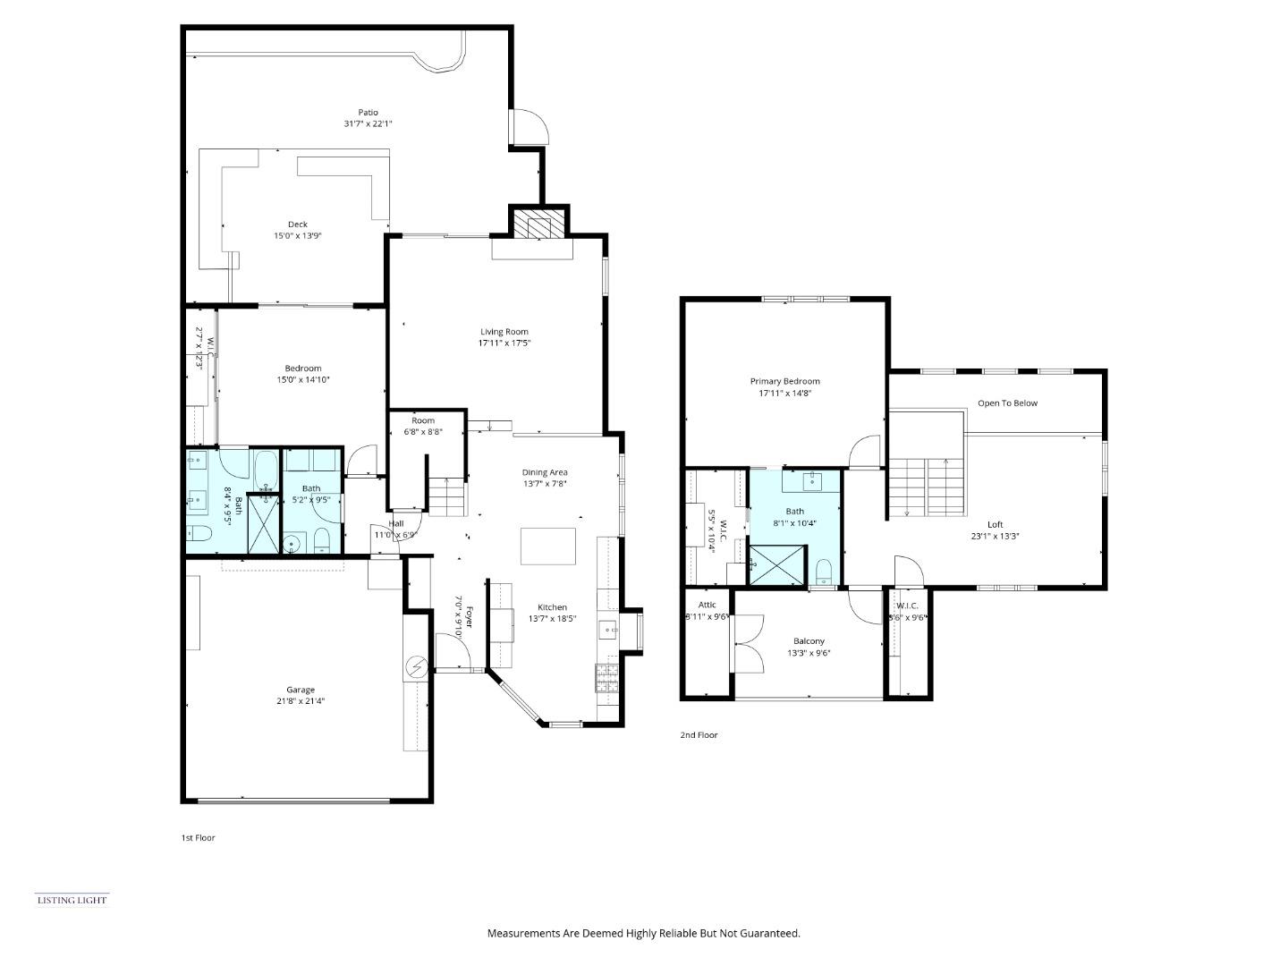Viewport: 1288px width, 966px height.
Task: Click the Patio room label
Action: pos(368,113)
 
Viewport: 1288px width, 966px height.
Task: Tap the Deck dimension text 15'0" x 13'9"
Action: pos(297,236)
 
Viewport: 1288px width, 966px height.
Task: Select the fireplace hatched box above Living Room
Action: pos(539,224)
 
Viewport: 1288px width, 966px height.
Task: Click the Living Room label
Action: pos(504,332)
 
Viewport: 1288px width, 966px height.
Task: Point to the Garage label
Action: pos(300,690)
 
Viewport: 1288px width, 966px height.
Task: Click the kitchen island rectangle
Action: pos(548,546)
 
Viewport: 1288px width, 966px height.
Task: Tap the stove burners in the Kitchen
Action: pos(606,679)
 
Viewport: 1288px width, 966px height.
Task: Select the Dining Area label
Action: pos(545,472)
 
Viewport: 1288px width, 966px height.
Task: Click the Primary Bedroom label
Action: pos(784,381)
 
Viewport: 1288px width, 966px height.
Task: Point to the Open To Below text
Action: pos(1007,403)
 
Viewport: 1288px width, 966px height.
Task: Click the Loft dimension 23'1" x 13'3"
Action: pos(995,537)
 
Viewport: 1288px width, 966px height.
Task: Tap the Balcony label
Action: pos(809,641)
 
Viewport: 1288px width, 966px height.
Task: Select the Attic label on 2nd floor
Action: pos(707,606)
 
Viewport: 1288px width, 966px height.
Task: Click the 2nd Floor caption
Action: pos(699,735)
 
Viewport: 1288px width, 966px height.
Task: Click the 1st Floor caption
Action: pos(198,838)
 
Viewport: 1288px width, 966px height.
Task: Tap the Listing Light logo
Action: pos(72,900)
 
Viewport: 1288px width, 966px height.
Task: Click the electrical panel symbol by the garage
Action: pos(417,665)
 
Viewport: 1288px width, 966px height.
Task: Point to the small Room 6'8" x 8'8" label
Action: pos(423,420)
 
